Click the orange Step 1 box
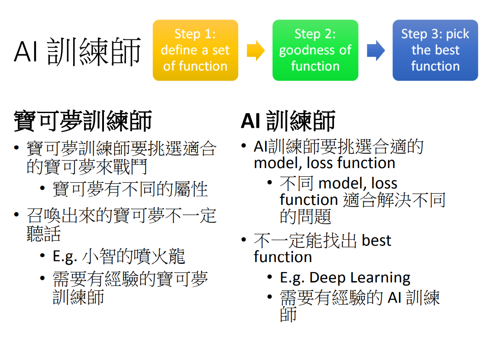coord(195,50)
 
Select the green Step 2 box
coord(315,50)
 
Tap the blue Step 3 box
coord(435,50)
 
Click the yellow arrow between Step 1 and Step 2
coord(256,50)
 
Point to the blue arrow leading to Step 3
coord(376,50)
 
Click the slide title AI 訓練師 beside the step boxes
coord(78,52)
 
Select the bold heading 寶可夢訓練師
coord(83,121)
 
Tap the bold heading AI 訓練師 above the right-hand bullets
coord(288,121)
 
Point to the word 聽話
coord(43,234)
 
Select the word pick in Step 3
coord(457,34)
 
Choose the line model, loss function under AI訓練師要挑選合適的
coord(324,163)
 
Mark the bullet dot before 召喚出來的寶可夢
coord(16,215)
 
